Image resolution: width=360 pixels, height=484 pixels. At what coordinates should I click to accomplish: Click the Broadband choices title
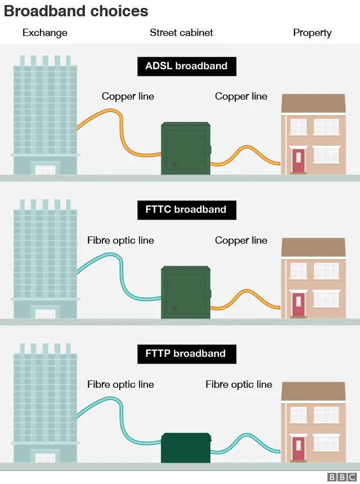point(76,11)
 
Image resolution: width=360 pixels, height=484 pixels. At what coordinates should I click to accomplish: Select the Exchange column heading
point(45,33)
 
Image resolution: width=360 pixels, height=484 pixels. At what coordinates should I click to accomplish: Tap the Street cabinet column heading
point(181,33)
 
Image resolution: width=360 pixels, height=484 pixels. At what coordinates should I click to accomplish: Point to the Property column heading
point(312,33)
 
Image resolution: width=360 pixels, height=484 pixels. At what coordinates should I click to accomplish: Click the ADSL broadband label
point(187,66)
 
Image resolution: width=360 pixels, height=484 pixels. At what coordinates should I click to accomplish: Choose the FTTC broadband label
point(187,210)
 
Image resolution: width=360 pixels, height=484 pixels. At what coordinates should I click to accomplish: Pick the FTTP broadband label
point(187,354)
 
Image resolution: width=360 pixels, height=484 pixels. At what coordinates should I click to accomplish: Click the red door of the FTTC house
point(298,304)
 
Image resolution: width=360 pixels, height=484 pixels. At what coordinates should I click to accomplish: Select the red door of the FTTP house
point(298,449)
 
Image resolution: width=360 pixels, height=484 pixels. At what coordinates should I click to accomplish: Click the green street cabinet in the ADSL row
point(186,149)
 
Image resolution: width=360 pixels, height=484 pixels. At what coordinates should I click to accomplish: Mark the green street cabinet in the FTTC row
point(186,293)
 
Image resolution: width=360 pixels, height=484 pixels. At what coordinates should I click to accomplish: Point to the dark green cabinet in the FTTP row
point(186,448)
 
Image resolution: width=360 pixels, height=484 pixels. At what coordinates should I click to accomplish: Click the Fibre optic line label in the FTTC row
point(120,240)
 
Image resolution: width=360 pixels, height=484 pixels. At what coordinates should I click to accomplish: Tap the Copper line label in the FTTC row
point(241,240)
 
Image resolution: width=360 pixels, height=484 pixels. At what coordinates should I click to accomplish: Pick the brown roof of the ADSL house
point(313,104)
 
